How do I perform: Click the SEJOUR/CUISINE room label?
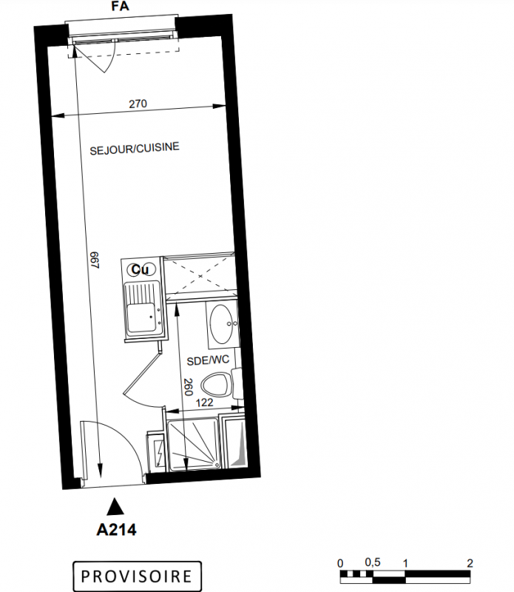pyautogui.click(x=135, y=149)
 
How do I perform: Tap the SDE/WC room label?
pyautogui.click(x=208, y=360)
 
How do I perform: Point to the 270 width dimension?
pyautogui.click(x=138, y=104)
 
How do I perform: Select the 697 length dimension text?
pyautogui.click(x=95, y=260)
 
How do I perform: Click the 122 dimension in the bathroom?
pyautogui.click(x=205, y=403)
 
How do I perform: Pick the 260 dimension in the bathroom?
pyautogui.click(x=188, y=387)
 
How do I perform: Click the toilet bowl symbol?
pyautogui.click(x=215, y=384)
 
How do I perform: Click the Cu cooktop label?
pyautogui.click(x=140, y=269)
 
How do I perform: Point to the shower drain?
pyautogui.click(x=217, y=465)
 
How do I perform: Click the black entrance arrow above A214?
pyautogui.click(x=115, y=506)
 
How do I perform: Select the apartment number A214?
pyautogui.click(x=116, y=530)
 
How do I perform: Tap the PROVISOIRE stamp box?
pyautogui.click(x=137, y=576)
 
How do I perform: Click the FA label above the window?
pyautogui.click(x=121, y=6)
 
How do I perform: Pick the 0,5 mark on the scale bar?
pyautogui.click(x=373, y=563)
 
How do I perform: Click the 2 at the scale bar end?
pyautogui.click(x=470, y=564)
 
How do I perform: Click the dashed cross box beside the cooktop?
pyautogui.click(x=200, y=276)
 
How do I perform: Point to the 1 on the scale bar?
pyautogui.click(x=405, y=564)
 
